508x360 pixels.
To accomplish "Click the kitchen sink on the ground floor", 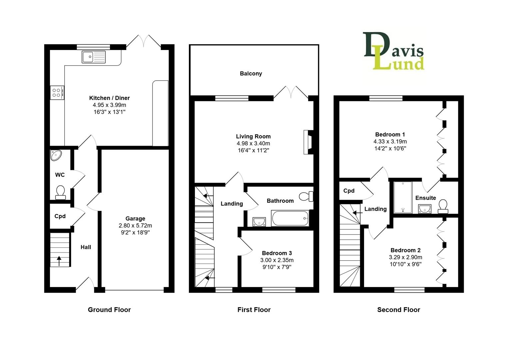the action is [94, 57].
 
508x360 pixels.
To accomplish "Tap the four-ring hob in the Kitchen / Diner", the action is [57, 93].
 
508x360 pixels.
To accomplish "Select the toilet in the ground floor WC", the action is [61, 192].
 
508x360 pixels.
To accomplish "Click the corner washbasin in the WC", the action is [56, 155].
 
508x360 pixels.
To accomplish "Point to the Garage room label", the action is [135, 218].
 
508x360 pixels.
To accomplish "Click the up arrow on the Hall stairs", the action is [59, 261].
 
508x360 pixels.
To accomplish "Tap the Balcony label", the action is [251, 74].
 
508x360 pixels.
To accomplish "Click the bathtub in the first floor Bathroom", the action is [290, 218].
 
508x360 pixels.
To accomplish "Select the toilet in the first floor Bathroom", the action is [306, 196].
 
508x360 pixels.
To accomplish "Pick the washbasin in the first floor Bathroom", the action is [259, 222].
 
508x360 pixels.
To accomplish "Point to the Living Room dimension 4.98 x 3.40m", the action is [253, 143].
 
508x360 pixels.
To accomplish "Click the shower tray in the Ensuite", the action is [403, 197].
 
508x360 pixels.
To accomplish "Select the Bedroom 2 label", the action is [405, 250].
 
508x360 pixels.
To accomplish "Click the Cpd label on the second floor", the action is [349, 191].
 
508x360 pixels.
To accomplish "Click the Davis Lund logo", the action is [394, 51].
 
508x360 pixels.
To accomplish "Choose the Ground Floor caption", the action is [109, 310].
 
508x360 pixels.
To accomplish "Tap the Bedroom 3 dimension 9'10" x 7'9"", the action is [277, 267].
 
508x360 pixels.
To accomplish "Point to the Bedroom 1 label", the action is [390, 134].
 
